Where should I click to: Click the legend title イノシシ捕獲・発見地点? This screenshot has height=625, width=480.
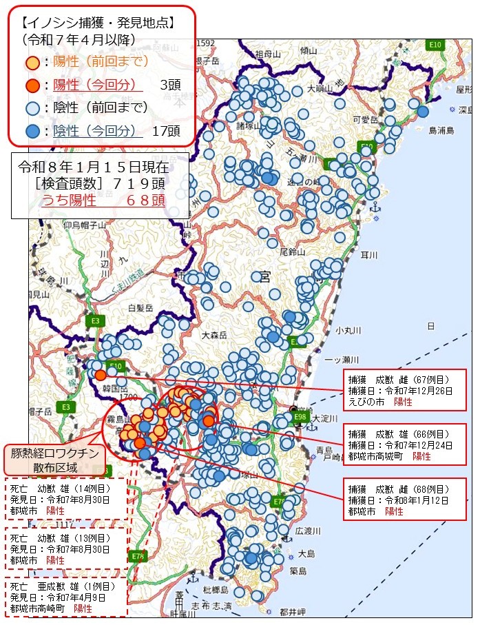coord(96,23)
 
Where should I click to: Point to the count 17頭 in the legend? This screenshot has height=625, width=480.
coord(166,131)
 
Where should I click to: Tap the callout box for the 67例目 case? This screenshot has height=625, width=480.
coord(404,390)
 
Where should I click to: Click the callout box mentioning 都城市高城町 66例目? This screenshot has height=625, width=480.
coord(404,445)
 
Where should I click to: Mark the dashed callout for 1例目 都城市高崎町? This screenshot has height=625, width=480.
coord(66,597)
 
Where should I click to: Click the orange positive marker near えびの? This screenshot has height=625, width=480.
coord(101,375)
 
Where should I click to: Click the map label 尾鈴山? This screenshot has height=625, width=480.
coord(292,252)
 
